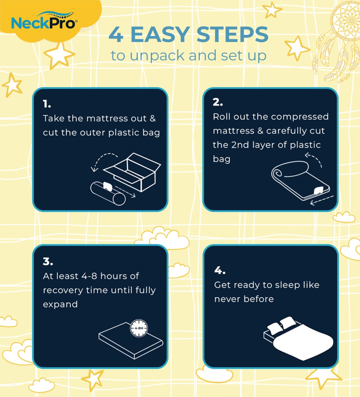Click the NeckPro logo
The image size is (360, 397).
pos(44,21)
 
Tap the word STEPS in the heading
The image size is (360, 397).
pos(232,34)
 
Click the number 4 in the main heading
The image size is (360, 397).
pos(116,35)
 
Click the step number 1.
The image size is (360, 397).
pos(47,104)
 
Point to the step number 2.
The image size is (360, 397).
pos(218,102)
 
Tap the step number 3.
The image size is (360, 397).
pos(48,261)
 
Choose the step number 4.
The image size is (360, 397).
pos(220,270)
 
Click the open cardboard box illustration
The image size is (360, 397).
pos(132,172)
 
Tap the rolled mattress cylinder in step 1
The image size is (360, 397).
pos(108,193)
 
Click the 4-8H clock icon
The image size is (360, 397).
pos(139,328)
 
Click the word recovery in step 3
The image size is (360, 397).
pos(63,291)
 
